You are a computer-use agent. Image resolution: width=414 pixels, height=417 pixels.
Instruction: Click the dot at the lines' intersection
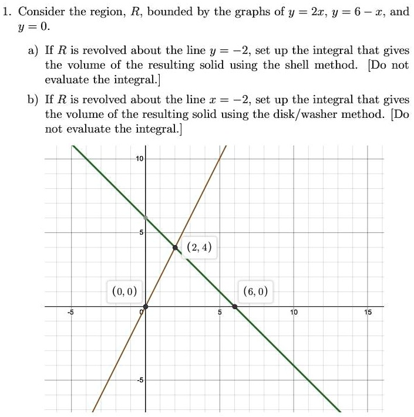[176, 248]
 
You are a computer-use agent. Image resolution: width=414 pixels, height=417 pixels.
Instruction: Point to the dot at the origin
[146, 306]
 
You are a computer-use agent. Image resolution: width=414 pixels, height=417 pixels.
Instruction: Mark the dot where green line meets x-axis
[235, 306]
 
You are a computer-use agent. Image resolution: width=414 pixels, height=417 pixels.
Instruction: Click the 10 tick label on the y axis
[139, 160]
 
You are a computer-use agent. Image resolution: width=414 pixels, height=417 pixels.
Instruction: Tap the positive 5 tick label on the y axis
[141, 233]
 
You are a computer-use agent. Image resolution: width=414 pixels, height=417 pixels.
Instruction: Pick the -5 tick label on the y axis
[140, 380]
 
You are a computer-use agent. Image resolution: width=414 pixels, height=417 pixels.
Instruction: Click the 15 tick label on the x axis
[367, 313]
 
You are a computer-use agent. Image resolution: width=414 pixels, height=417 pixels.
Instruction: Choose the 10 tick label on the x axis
[293, 313]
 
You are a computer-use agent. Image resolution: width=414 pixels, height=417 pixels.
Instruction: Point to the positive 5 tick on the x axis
[220, 313]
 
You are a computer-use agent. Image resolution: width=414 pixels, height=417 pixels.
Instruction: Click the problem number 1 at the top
[5, 12]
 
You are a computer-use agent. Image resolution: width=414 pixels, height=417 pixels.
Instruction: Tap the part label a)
[32, 52]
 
